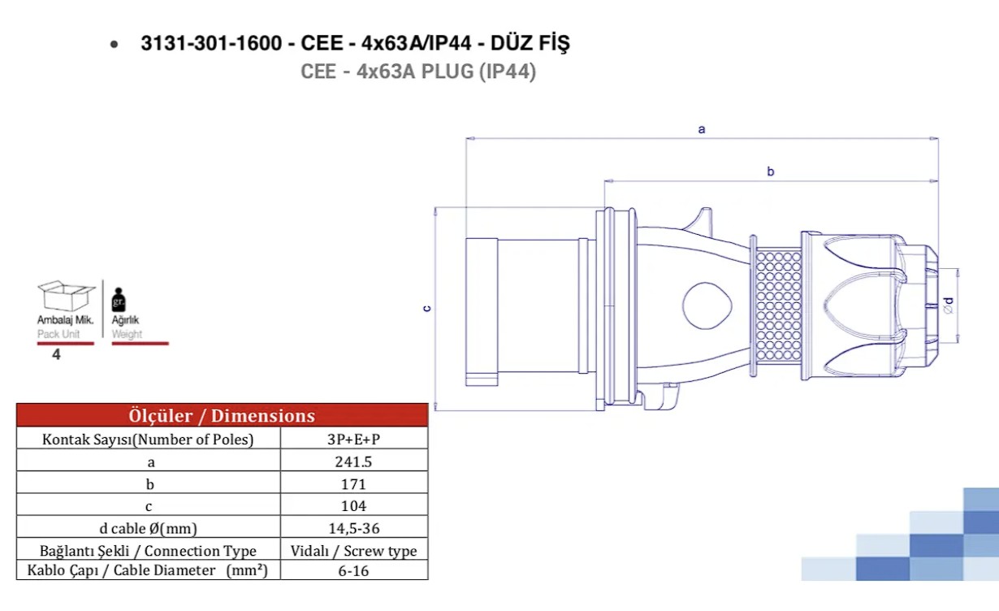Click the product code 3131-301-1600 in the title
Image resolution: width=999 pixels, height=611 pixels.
tap(211, 43)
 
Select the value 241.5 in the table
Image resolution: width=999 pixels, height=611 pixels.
tap(353, 461)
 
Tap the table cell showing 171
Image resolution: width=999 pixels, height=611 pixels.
tap(353, 483)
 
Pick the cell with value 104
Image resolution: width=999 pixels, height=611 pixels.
tap(353, 505)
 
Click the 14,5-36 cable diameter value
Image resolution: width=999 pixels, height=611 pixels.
tap(354, 528)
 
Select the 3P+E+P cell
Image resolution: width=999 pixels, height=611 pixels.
tap(353, 440)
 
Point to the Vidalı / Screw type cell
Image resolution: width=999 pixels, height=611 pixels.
tap(353, 551)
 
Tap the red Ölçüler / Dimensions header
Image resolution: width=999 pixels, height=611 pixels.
tap(222, 415)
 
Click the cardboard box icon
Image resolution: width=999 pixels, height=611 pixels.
tap(66, 296)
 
